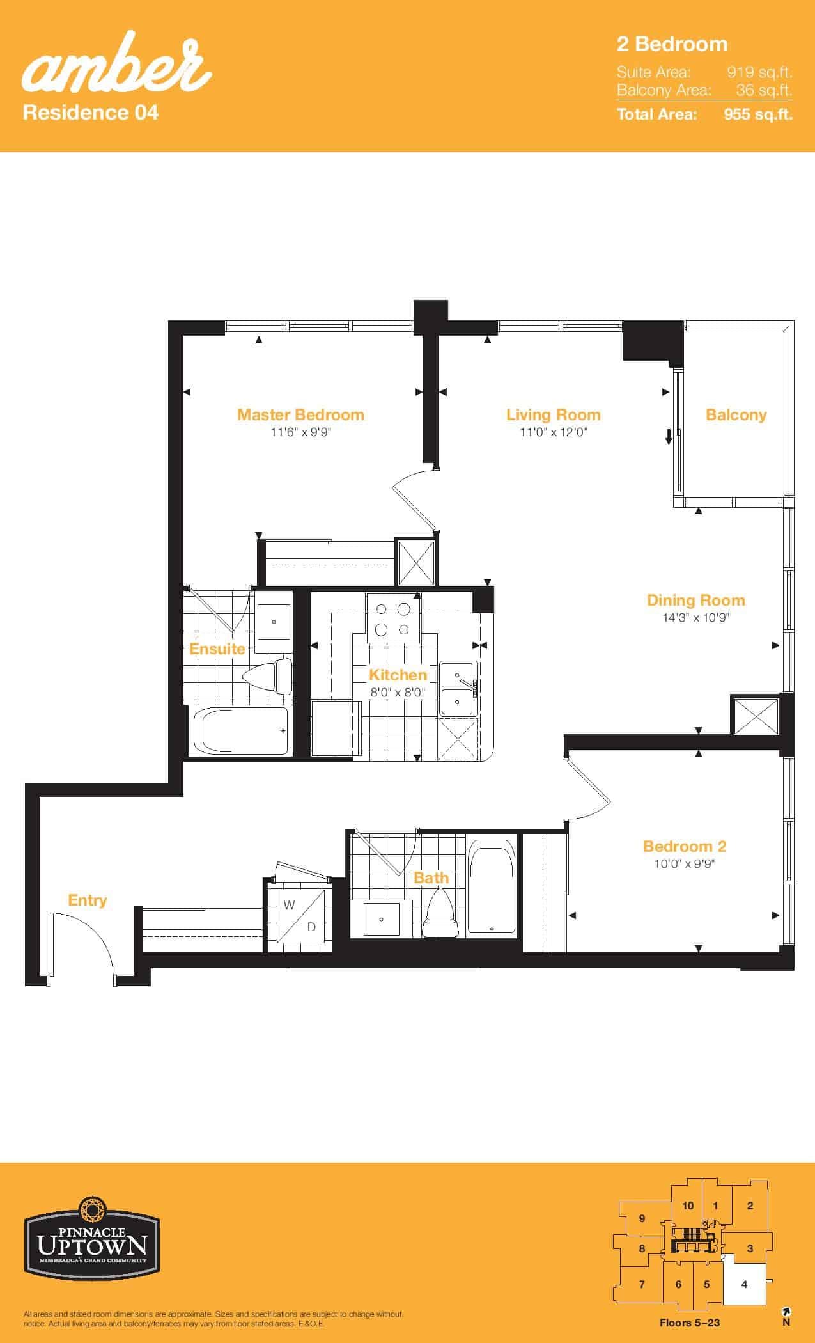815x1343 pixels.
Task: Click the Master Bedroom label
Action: tap(300, 414)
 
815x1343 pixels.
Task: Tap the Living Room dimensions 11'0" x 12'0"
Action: tap(554, 432)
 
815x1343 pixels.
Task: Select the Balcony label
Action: tap(736, 415)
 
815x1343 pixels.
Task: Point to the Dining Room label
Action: tap(696, 600)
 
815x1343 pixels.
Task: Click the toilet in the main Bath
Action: tap(441, 915)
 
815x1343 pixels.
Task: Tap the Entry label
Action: tap(88, 900)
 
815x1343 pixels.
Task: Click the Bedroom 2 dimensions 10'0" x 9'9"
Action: tap(685, 864)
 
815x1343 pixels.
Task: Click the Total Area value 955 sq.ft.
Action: tap(758, 114)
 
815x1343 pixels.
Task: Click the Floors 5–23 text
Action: tap(690, 1323)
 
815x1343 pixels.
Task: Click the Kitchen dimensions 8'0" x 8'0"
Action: tap(398, 691)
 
